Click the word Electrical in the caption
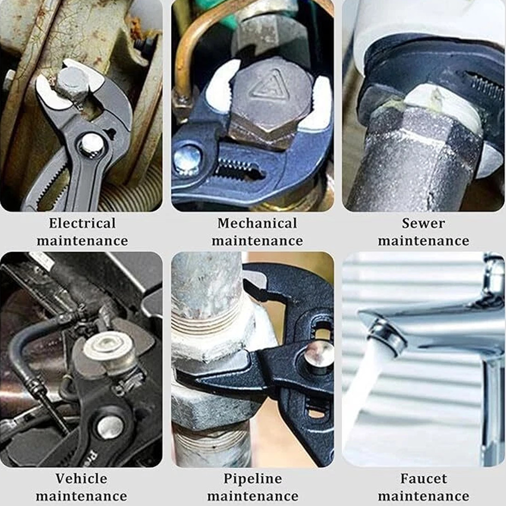click(x=82, y=223)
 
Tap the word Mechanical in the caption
click(x=257, y=223)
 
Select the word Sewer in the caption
click(x=423, y=223)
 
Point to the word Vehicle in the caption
click(x=81, y=478)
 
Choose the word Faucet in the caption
click(x=424, y=478)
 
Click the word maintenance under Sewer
click(x=423, y=241)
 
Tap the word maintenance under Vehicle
click(x=81, y=496)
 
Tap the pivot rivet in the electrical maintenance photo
click(x=92, y=145)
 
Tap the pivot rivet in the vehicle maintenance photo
click(x=110, y=428)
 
